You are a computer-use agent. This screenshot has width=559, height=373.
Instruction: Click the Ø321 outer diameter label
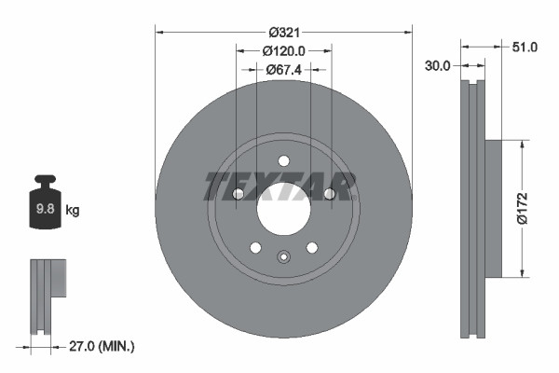click(283, 31)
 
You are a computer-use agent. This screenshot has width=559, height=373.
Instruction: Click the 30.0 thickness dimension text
click(437, 65)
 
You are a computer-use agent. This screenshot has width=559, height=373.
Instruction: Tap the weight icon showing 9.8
click(45, 206)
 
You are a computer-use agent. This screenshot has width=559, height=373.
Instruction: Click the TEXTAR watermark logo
click(280, 186)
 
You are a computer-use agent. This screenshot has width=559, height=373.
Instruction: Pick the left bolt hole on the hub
click(238, 194)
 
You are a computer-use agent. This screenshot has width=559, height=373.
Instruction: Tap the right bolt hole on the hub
click(329, 194)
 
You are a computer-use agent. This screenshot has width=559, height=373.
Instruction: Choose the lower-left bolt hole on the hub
click(255, 247)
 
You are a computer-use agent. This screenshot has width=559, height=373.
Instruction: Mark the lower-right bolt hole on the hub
click(311, 247)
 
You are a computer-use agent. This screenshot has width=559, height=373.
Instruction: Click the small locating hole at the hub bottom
click(283, 256)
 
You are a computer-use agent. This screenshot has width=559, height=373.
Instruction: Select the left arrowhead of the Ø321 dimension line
click(159, 31)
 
